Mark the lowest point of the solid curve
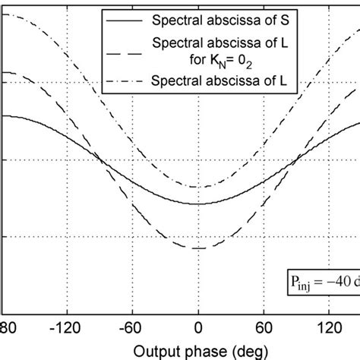point(197,204)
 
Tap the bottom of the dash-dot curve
point(197,187)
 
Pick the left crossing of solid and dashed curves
point(102,158)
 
